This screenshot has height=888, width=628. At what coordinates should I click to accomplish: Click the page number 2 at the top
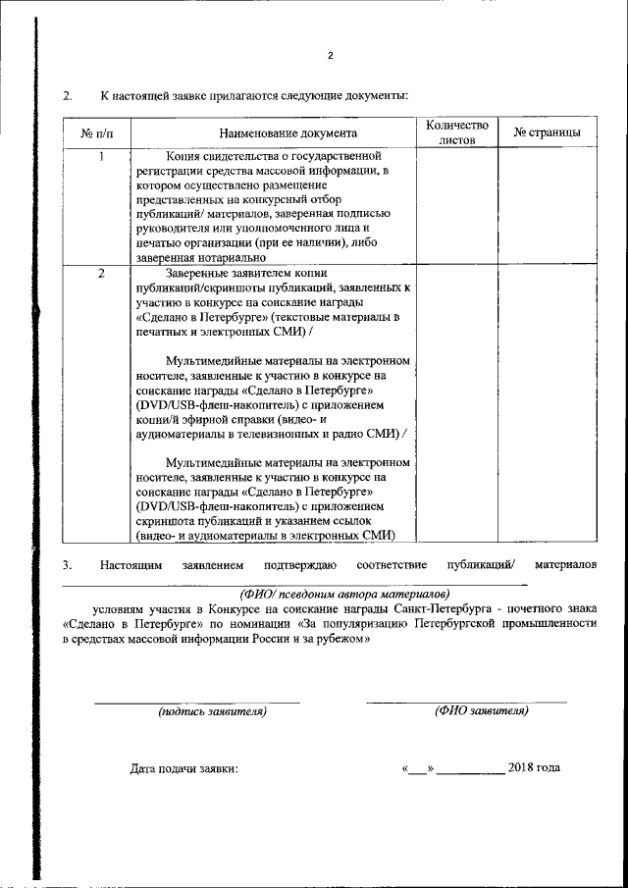[x=331, y=55]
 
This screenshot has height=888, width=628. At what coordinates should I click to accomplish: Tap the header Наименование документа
[x=274, y=132]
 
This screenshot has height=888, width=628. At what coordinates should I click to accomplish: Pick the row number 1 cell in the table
[x=101, y=156]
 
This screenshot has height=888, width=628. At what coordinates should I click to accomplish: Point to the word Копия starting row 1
[x=183, y=156]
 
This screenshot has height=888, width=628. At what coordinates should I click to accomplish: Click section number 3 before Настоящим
[x=68, y=565]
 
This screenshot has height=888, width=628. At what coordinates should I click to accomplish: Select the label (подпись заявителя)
[x=212, y=711]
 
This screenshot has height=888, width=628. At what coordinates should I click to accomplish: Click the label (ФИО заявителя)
[x=481, y=710]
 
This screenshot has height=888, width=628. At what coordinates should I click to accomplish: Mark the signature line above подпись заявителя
[x=196, y=702]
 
